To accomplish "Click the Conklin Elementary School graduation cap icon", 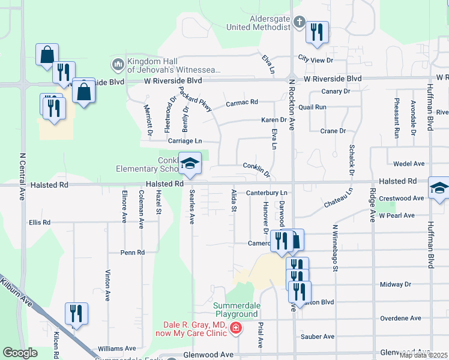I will pos(190,164).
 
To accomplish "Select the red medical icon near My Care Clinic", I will pos(235,328).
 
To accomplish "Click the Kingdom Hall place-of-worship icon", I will pos(117,64).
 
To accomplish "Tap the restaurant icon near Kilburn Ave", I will pos(76,314).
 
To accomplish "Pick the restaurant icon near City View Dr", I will pos(317,32).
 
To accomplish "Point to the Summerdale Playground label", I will pos(236,309).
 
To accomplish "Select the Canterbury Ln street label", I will pos(268,193).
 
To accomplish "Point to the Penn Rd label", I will pos(133,253).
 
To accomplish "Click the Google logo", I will pos(20,353).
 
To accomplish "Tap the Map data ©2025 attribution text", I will pos(423,355).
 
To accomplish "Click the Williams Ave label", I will pos(117,348).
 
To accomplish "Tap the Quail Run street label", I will pos(316,107).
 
